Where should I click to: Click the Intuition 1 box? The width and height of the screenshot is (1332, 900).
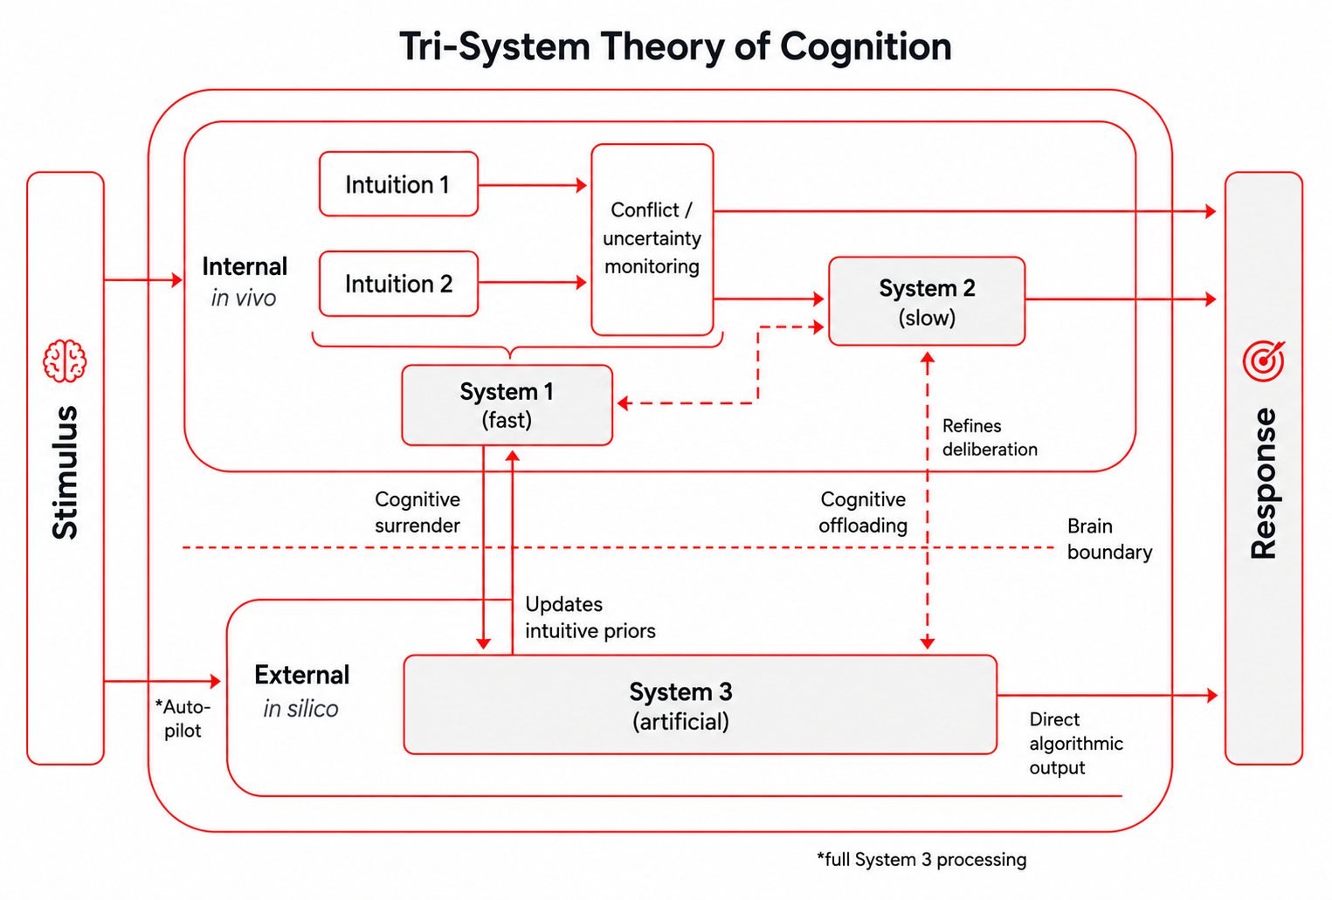pyautogui.click(x=398, y=183)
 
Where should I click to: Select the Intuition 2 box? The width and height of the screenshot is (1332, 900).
pyautogui.click(x=398, y=284)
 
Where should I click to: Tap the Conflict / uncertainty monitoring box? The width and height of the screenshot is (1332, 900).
pyautogui.click(x=652, y=239)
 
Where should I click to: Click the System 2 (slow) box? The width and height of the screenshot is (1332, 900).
pyautogui.click(x=927, y=301)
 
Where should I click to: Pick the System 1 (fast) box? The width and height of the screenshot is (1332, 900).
pyautogui.click(x=507, y=405)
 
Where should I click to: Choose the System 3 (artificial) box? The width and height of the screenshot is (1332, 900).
pyautogui.click(x=700, y=704)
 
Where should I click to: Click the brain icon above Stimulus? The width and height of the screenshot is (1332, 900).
pyautogui.click(x=65, y=361)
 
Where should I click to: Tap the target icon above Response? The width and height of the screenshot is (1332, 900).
pyautogui.click(x=1264, y=361)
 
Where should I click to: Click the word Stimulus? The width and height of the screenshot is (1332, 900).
pyautogui.click(x=65, y=472)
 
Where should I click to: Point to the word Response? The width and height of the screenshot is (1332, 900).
pyautogui.click(x=1264, y=484)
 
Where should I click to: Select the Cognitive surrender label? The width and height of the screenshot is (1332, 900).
pyautogui.click(x=418, y=512)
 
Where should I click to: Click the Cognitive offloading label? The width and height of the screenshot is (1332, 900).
pyautogui.click(x=863, y=512)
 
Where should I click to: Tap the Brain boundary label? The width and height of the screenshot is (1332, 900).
pyautogui.click(x=1109, y=539)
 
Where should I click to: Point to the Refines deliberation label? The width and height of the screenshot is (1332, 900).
pyautogui.click(x=990, y=437)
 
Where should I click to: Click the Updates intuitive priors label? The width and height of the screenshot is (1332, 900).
pyautogui.click(x=590, y=617)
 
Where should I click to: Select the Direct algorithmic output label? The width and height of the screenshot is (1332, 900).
pyautogui.click(x=1076, y=743)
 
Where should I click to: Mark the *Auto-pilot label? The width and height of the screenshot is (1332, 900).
pyautogui.click(x=183, y=718)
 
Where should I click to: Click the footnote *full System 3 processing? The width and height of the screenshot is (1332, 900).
pyautogui.click(x=921, y=859)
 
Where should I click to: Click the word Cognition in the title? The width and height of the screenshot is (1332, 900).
pyautogui.click(x=866, y=46)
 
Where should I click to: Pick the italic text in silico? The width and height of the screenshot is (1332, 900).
pyautogui.click(x=300, y=708)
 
